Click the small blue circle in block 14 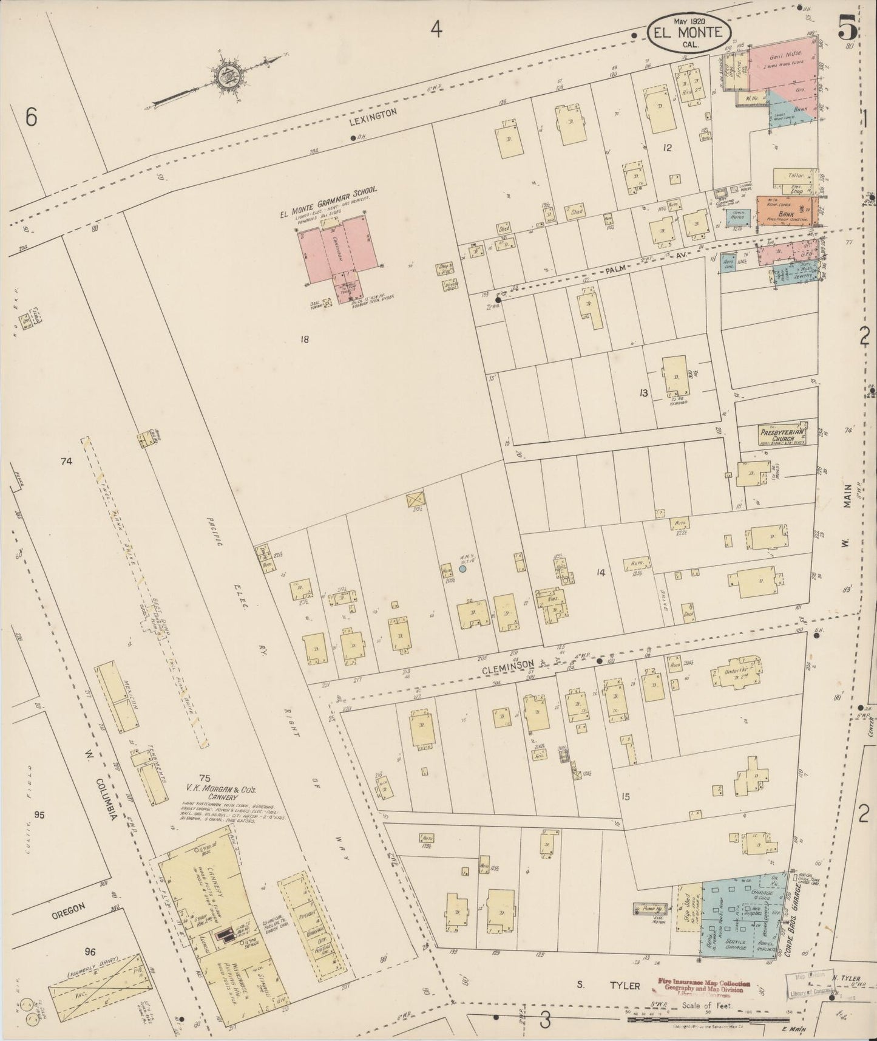point(462,568)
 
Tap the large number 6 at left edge point(32,117)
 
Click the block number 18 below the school point(304,340)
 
